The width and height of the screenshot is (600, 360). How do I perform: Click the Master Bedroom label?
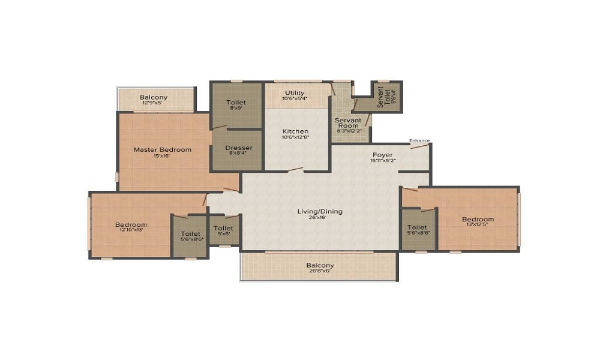[x=162, y=149]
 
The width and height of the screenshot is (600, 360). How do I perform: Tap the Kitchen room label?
[x=295, y=131]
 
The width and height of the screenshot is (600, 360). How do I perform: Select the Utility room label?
[x=295, y=92]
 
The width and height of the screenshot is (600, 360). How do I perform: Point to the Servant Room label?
[x=349, y=123]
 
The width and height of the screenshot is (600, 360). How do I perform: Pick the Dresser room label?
[x=238, y=148]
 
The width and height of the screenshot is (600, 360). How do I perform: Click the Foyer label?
[x=382, y=155]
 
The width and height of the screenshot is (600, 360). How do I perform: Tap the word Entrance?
[x=419, y=141]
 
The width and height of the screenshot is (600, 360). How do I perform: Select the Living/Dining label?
[x=320, y=211]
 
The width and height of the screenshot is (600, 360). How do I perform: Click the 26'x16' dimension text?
[x=320, y=218]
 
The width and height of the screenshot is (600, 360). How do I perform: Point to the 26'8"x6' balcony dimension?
[x=320, y=271]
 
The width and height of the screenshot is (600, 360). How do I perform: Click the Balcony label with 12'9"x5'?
[x=154, y=97]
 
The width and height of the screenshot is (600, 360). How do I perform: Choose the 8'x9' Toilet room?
[x=236, y=106]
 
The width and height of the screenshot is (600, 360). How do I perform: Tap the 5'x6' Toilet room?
[x=224, y=231]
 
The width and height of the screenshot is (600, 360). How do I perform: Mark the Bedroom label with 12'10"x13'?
[x=131, y=225]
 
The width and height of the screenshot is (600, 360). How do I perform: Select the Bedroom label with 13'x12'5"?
[x=478, y=219]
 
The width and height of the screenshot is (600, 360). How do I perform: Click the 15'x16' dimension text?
[x=162, y=156]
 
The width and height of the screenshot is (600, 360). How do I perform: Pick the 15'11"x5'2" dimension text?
[x=382, y=161]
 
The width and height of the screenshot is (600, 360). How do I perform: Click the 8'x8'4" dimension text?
[x=238, y=154]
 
